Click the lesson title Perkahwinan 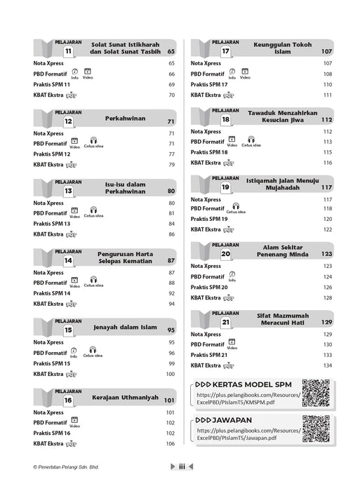pyautogui.click(x=126, y=119)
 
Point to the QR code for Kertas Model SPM pyautogui.click(x=314, y=391)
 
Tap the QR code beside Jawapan pyautogui.click(x=314, y=428)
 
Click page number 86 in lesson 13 pyautogui.click(x=170, y=235)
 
